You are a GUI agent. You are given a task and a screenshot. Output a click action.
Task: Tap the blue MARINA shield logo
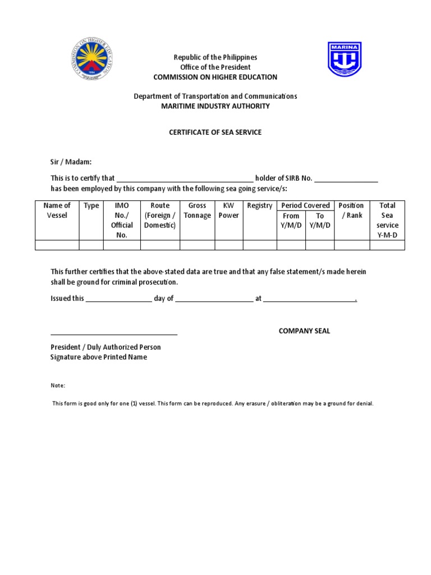click(345, 59)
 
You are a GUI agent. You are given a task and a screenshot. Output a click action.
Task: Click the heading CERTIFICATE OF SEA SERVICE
click(215, 133)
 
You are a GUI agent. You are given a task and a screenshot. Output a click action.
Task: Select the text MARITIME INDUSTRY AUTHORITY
click(215, 106)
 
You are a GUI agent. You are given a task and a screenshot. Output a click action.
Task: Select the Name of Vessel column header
click(57, 211)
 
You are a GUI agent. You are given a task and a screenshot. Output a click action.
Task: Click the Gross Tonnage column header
click(197, 211)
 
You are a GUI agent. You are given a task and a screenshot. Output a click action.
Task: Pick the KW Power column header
click(228, 211)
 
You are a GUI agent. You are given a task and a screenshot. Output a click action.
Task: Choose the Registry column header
click(259, 206)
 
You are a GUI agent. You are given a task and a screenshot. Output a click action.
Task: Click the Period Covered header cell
click(306, 206)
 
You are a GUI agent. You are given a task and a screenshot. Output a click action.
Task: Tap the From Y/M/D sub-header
click(291, 221)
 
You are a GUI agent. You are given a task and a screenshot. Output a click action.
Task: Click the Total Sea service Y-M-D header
click(387, 220)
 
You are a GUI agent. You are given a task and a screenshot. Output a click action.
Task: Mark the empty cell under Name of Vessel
click(57, 245)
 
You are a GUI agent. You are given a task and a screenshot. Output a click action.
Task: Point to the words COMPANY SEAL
click(305, 331)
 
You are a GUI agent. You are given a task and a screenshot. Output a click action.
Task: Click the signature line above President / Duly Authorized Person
click(114, 334)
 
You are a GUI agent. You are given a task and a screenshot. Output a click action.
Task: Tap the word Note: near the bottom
click(58, 386)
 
